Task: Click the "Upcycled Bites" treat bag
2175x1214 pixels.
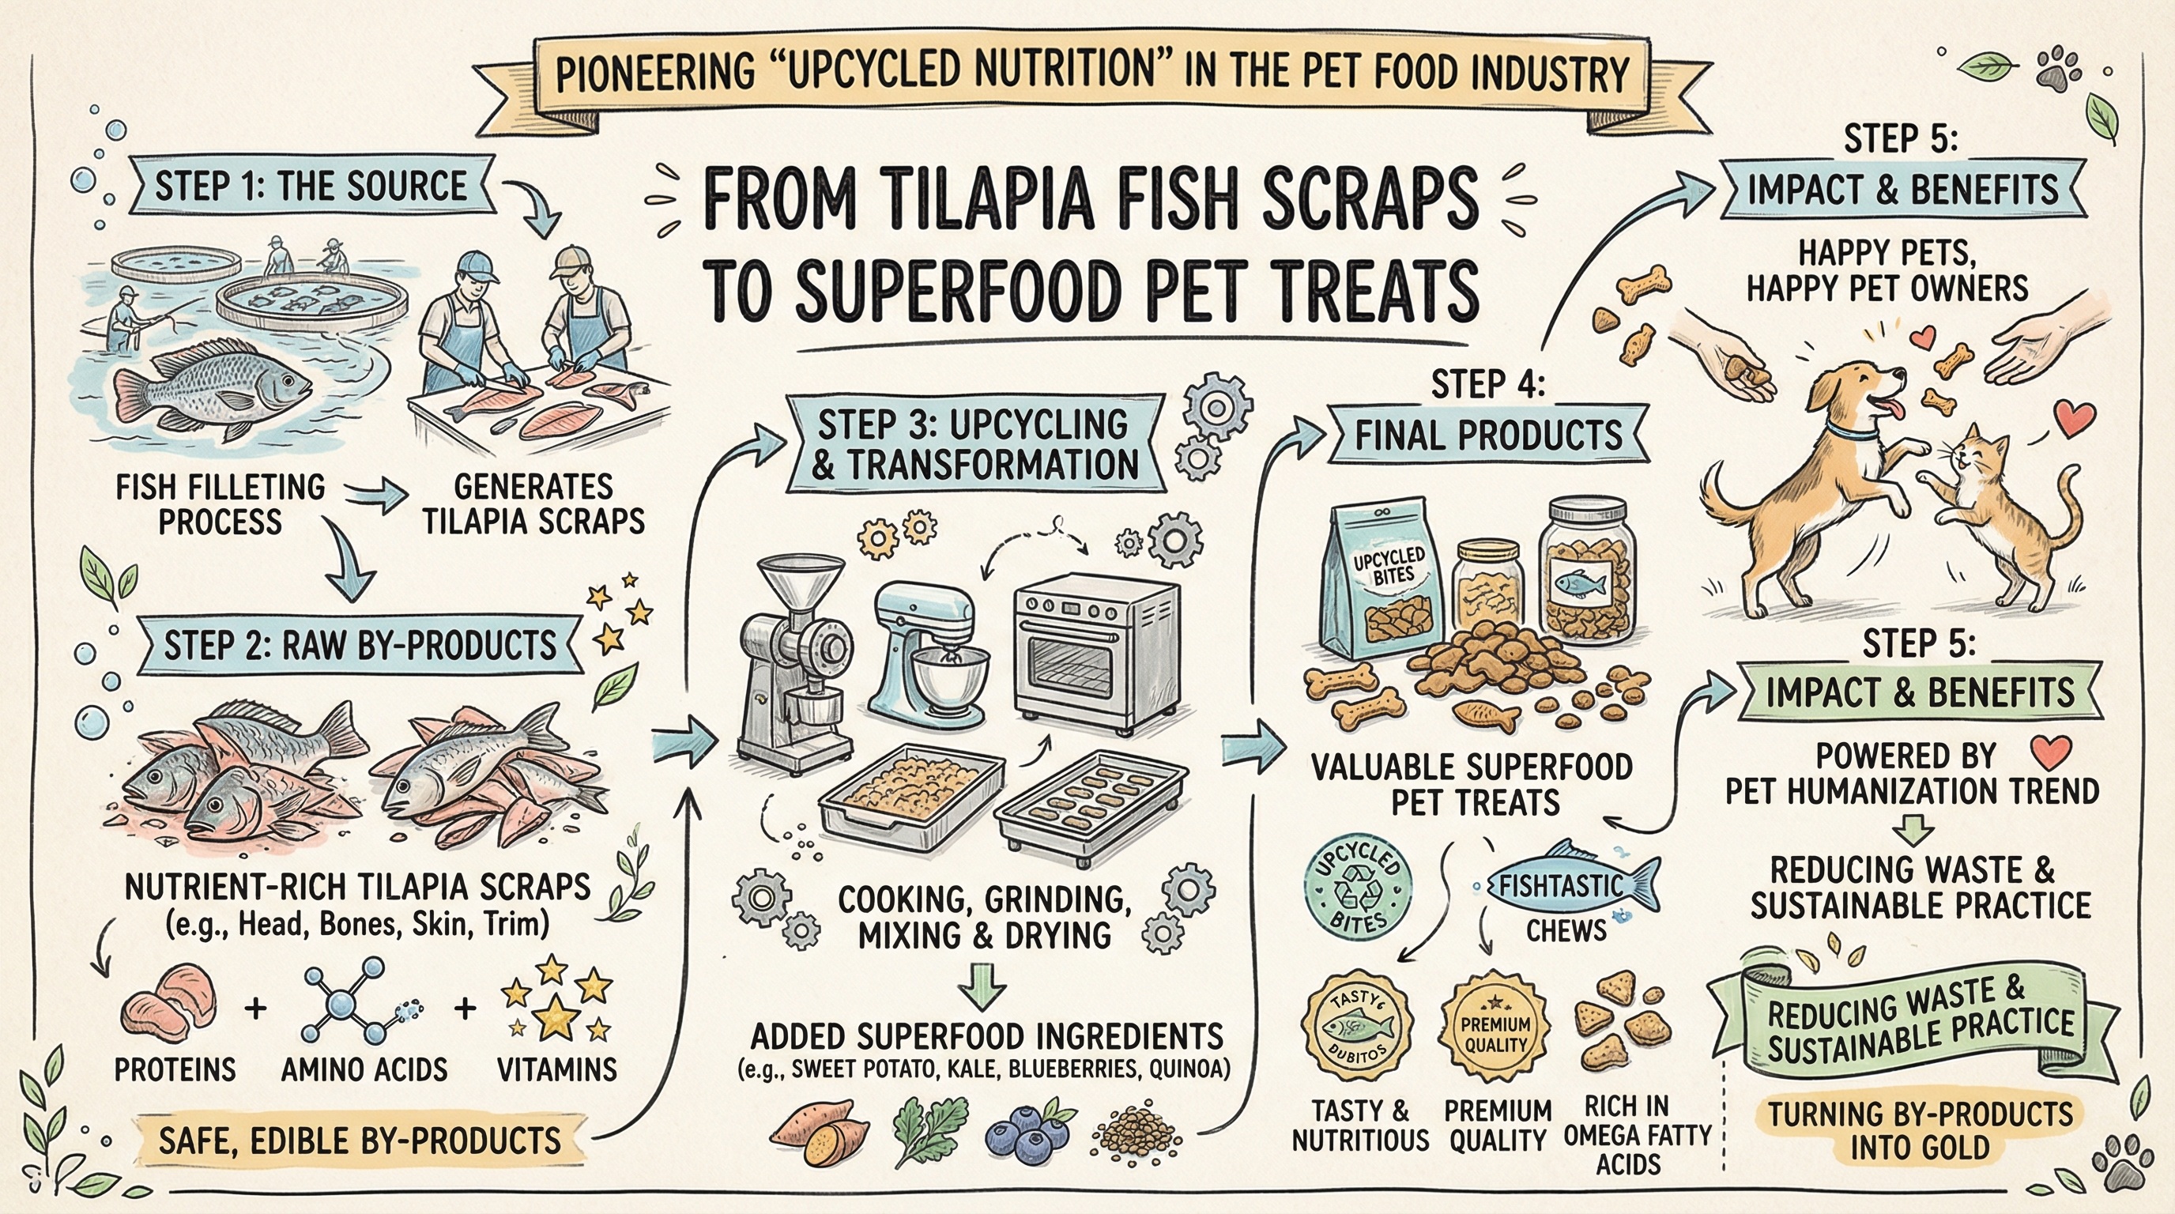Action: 1385,582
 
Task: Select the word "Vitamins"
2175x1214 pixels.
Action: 556,1070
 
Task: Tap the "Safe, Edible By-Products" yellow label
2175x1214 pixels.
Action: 360,1141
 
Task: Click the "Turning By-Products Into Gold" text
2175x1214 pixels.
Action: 1920,1131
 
